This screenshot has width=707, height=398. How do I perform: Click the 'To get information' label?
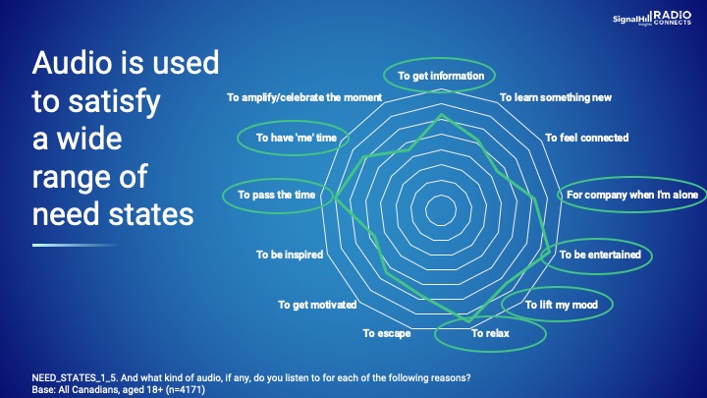coord(441,76)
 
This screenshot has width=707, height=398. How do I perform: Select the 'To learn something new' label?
coord(556,97)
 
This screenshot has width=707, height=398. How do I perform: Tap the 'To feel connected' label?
coord(586,138)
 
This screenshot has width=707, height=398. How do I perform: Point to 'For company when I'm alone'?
coord(632,195)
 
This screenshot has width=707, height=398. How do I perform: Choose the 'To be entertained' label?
coord(600,255)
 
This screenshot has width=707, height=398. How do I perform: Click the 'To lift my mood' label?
coord(562,305)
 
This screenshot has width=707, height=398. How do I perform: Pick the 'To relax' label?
coord(490,333)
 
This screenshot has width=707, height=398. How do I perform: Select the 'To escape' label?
coord(387,333)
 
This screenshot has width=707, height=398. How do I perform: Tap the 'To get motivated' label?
coord(317,305)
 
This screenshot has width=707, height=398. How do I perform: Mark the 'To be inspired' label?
coord(290,255)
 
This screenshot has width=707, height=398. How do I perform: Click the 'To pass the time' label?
coord(276,195)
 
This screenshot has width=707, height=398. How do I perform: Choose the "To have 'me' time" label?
coord(297,138)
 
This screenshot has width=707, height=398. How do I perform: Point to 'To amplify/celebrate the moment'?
coord(304,97)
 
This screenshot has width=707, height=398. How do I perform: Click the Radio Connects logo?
coord(673,18)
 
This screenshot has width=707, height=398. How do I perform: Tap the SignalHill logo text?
coord(631,20)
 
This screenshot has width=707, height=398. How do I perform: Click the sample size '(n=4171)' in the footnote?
coord(186,389)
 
